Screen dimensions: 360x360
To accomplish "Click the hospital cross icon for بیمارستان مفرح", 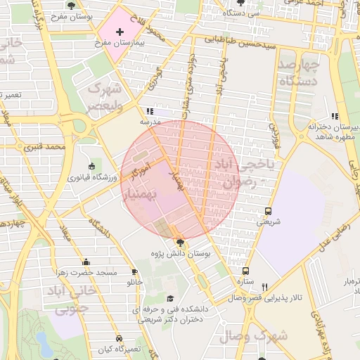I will click(120, 32).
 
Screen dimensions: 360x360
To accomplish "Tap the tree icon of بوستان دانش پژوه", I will click(180, 242).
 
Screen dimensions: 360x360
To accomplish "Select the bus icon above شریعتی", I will click(268, 211).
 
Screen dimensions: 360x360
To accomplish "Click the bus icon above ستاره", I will click(245, 271).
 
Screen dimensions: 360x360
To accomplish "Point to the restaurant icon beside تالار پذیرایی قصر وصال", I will click(265, 287).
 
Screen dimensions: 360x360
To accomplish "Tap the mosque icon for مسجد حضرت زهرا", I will click(86, 262).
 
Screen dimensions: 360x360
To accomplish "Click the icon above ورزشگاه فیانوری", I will click(92, 167).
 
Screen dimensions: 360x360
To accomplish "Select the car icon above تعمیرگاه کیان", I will click(120, 338).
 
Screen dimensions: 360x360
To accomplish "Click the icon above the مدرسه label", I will click(149, 111).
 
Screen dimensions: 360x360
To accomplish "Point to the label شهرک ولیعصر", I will click(104, 98).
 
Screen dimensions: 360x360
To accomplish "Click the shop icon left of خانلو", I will click(134, 272).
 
